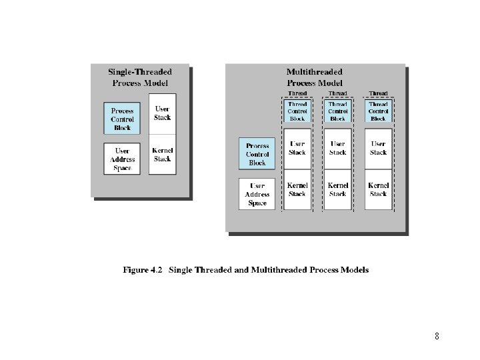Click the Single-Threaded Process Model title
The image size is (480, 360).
[140, 77]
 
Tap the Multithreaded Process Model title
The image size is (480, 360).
[315, 77]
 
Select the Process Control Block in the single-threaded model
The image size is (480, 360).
[122, 119]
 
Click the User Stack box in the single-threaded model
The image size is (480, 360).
[162, 113]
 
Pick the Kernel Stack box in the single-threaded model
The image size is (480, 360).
[162, 155]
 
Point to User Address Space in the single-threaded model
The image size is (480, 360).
[122, 159]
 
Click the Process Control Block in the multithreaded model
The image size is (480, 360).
[257, 154]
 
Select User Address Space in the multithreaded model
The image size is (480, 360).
[257, 194]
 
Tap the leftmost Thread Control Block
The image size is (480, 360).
[297, 111]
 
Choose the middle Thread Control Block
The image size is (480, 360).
[338, 111]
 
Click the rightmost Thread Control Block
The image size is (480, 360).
[378, 111]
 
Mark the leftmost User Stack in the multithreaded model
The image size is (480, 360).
[297, 148]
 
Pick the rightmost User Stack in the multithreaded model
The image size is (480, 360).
[378, 148]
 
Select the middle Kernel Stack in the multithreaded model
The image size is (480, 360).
[338, 189]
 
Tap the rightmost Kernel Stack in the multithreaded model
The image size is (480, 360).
[378, 189]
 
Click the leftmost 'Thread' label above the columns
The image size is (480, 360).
[297, 94]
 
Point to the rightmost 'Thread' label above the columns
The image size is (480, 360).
[378, 94]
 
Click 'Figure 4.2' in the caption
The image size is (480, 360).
[143, 270]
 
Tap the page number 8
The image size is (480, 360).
[437, 336]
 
